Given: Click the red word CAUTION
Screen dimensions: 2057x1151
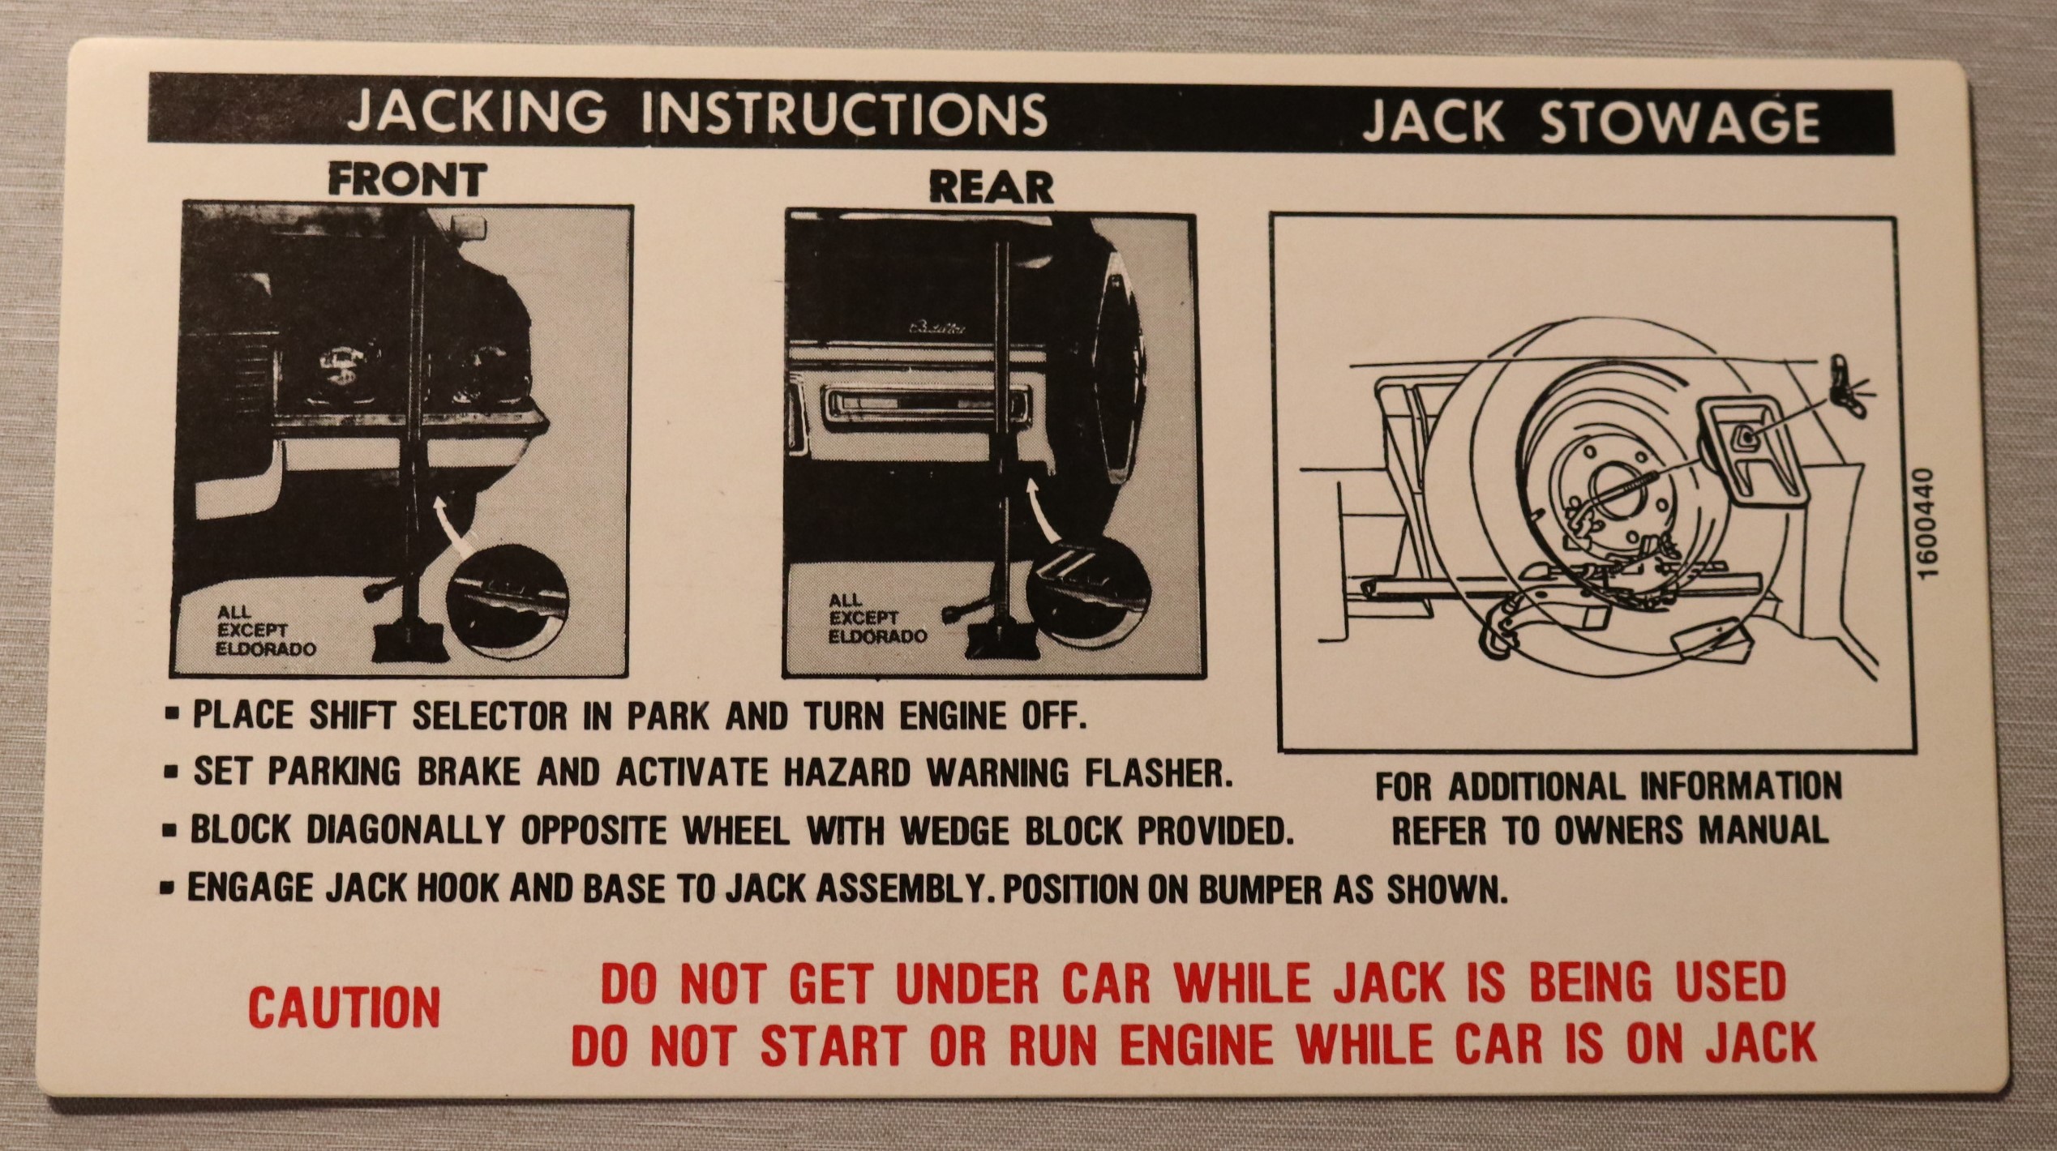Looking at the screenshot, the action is click(345, 1008).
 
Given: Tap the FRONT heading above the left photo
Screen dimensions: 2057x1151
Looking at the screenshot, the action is click(408, 179).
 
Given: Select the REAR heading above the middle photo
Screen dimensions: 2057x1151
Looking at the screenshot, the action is click(991, 188).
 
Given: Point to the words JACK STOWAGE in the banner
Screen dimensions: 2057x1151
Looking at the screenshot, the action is click(1590, 122).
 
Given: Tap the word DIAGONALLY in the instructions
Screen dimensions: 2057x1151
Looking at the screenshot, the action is click(404, 830).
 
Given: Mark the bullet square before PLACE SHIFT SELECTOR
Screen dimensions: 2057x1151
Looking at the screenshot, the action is click(171, 717).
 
